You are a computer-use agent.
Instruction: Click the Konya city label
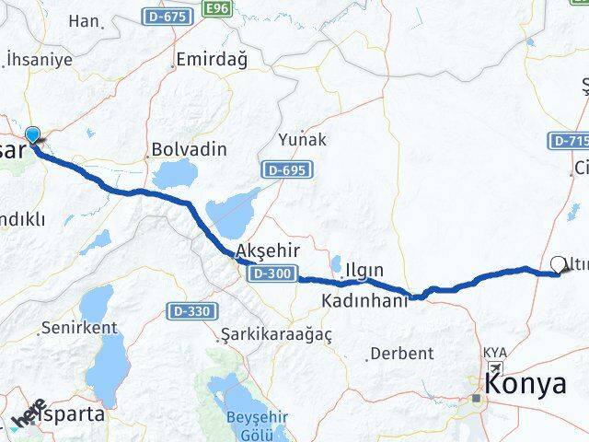point(526,384)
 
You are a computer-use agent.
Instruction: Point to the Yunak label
point(301,141)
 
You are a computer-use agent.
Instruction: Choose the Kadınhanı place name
point(364,300)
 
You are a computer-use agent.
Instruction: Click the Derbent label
point(400,353)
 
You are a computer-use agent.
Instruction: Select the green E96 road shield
point(217,8)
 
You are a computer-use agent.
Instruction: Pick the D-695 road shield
point(286,169)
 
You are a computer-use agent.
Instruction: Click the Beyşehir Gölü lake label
point(251,425)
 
